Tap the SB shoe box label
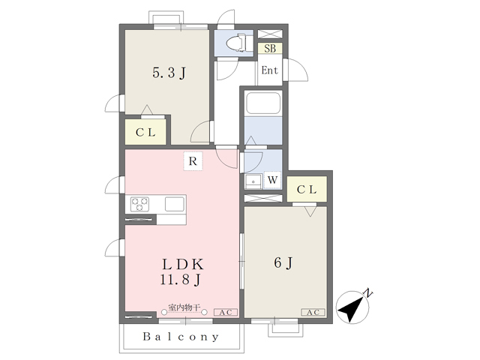tap(270, 48)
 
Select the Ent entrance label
tap(270, 70)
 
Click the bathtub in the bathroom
tap(263, 103)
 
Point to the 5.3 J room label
tap(169, 73)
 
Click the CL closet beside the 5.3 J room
tap(145, 132)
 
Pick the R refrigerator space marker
tap(193, 161)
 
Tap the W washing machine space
tap(272, 180)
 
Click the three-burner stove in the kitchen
tap(139, 204)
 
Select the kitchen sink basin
tap(175, 204)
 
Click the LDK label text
tap(182, 265)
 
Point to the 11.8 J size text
tap(181, 280)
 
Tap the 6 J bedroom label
tap(283, 263)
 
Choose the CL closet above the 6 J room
tap(307, 189)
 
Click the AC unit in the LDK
tap(225, 312)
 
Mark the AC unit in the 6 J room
tap(313, 312)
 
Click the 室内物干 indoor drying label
tap(184, 307)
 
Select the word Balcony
tap(181, 337)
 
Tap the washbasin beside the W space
tap(253, 181)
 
